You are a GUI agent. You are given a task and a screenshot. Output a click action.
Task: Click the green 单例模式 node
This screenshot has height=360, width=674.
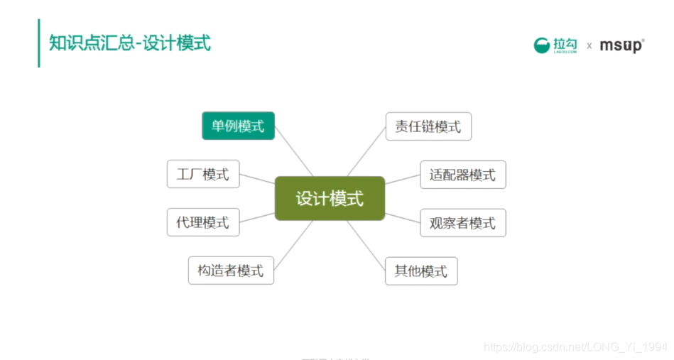click(238, 126)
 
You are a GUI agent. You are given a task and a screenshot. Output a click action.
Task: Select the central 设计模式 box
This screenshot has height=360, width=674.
click(330, 198)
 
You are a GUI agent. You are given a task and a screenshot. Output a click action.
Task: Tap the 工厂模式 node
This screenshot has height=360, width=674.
click(203, 174)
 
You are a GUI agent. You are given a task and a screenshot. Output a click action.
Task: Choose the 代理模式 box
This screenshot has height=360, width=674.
click(203, 222)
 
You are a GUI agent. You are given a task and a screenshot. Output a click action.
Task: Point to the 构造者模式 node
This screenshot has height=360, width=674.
click(231, 271)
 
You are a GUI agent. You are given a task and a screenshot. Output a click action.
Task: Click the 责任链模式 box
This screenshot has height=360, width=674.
click(428, 126)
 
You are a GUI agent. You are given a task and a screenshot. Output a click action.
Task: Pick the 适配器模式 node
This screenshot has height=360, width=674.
click(462, 175)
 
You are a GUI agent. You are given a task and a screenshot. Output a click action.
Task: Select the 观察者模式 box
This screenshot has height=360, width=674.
click(462, 223)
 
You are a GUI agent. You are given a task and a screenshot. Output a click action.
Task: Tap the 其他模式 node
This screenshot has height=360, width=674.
click(421, 271)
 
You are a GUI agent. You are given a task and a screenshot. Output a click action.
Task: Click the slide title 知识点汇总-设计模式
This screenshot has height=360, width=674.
click(130, 43)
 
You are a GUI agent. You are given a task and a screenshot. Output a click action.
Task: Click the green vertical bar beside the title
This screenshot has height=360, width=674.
click(39, 43)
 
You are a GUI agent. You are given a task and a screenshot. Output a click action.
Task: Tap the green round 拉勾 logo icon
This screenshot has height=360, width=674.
click(542, 45)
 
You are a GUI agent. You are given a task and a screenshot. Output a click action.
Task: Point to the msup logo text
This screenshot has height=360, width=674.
click(621, 45)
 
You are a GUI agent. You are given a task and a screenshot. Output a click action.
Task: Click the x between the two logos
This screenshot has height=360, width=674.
click(589, 46)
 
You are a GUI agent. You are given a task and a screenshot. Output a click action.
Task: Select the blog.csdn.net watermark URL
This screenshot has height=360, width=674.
click(575, 347)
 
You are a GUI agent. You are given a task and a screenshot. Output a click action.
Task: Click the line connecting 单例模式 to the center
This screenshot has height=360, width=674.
click(293, 151)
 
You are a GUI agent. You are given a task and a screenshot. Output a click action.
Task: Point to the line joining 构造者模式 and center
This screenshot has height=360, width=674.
click(293, 245)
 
